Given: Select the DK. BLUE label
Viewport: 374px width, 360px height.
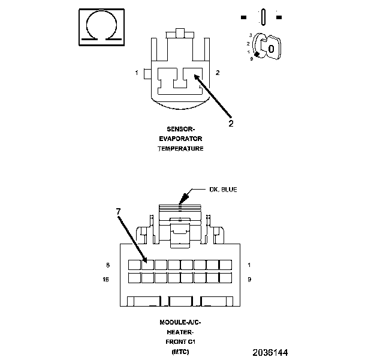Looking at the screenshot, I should pos(222,190).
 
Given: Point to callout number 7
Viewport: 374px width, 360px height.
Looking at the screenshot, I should pos(118,212).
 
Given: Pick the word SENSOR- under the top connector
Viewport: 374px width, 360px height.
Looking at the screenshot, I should pos(180,129).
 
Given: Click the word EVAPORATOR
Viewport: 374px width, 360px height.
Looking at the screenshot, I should pos(180,139).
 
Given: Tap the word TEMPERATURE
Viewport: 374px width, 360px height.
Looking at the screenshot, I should pos(180,148).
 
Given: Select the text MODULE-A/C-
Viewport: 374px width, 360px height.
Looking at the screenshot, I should pos(180,322).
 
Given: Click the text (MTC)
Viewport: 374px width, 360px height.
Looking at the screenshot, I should pos(180,351).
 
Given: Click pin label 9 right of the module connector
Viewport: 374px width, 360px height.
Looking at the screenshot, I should pos(249,279).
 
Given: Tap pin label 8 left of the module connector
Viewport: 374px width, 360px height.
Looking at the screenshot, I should pos(108,265).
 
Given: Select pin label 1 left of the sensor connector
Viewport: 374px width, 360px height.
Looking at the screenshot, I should pos(137,73).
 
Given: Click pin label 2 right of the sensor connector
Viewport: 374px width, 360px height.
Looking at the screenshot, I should pos(217,73).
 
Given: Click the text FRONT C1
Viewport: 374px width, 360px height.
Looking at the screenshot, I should pos(180,341).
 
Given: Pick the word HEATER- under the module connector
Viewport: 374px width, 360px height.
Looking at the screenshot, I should pos(180,332).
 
